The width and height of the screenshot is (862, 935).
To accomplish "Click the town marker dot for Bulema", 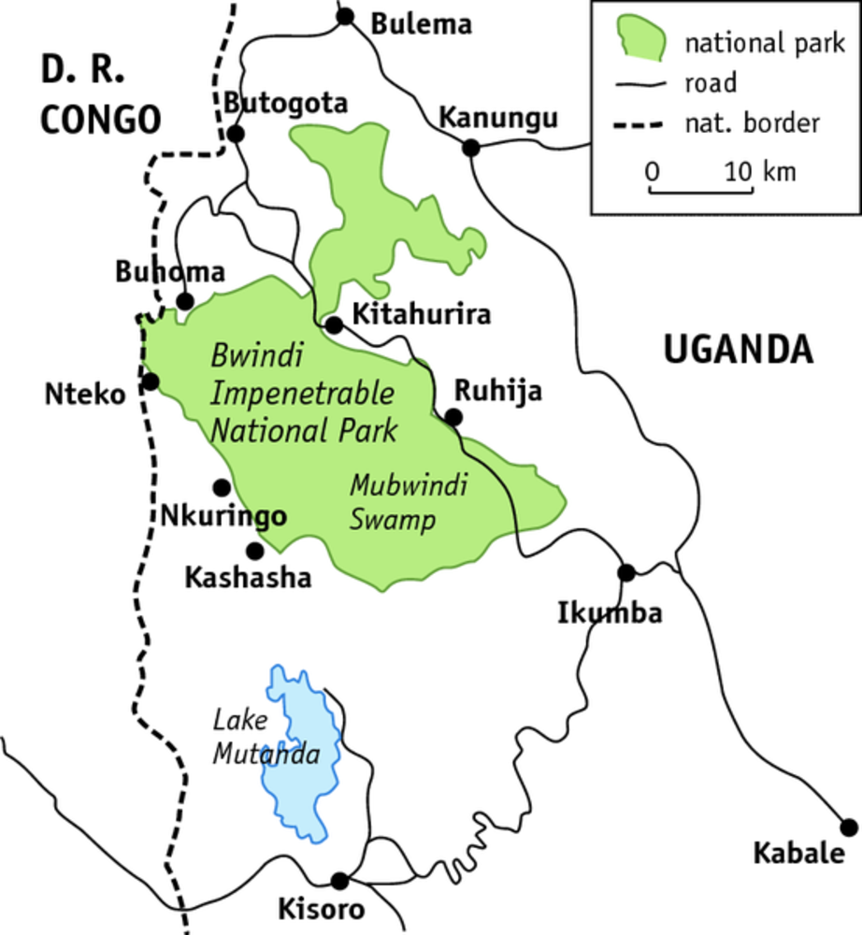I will (346, 16).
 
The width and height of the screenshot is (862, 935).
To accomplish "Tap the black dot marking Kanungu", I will (471, 147).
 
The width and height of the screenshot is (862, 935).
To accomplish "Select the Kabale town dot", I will (849, 827).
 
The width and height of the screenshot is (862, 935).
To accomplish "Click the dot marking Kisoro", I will (340, 881).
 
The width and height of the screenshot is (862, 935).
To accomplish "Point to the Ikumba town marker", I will (626, 572).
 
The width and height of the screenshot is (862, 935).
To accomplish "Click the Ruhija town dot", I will (453, 417).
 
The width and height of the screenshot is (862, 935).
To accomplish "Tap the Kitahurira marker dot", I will (333, 325).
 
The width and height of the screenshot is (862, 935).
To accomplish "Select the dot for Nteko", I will (150, 381).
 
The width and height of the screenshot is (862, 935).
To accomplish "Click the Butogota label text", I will (286, 103).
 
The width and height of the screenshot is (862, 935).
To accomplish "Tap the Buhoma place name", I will (170, 272).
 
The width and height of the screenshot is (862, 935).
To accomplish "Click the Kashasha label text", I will (248, 578).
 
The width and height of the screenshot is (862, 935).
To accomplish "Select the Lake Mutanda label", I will (266, 738).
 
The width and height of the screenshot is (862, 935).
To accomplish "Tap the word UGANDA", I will (738, 350).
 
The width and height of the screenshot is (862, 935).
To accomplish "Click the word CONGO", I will (100, 119).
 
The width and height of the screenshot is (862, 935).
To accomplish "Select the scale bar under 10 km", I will (701, 192).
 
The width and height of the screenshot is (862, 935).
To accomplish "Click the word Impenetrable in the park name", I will (302, 394).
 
